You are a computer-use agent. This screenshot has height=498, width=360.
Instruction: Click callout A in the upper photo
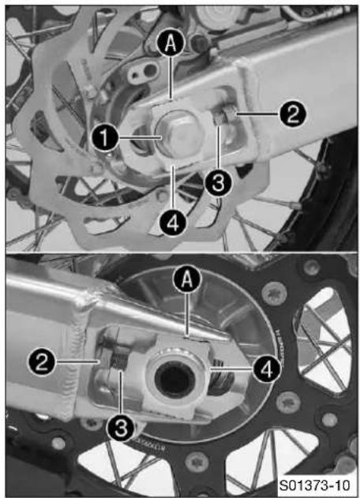pos(171,43)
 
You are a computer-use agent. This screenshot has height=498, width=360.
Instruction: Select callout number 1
pos(105,138)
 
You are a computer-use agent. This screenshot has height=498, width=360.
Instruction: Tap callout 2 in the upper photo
pos(292,114)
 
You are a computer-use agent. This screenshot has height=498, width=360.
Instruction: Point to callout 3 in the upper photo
pos(219,183)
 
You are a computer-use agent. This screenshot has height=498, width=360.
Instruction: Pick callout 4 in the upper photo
pos(173,223)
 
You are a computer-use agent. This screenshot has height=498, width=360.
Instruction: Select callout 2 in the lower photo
pos(42,362)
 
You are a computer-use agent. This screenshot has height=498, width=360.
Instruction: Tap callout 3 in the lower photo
pos(121,428)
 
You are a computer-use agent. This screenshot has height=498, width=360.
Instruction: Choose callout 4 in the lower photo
pos(267,369)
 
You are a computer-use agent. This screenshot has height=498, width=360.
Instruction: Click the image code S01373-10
pos(314,485)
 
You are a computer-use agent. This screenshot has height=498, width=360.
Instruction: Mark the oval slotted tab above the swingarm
pos(142,72)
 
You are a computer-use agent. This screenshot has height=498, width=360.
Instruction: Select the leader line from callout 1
pos(140,138)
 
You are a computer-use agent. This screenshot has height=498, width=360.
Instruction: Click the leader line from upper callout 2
pos(257,113)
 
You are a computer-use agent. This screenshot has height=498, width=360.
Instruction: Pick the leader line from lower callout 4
pos(231,369)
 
